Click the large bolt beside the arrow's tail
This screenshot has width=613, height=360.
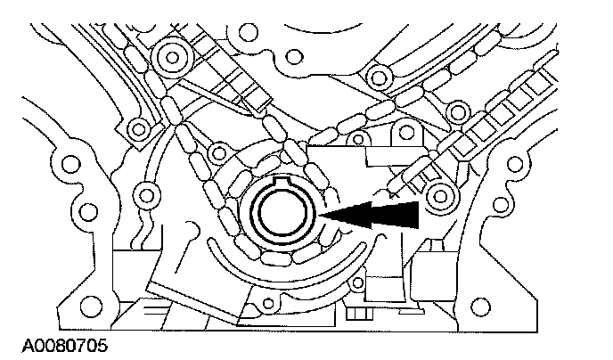438,194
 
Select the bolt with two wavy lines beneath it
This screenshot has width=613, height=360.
142,192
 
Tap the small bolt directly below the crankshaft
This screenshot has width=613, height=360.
265,306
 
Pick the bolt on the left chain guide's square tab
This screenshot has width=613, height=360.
135,127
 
